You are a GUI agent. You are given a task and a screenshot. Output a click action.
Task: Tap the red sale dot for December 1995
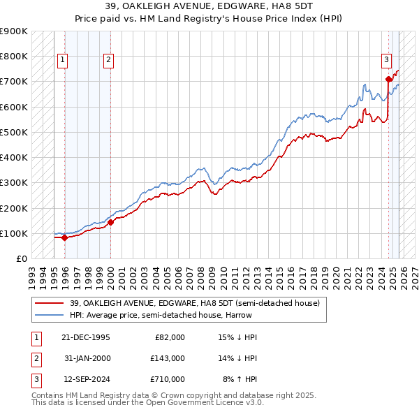[64, 237]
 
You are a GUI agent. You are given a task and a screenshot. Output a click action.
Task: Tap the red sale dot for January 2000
[110, 222]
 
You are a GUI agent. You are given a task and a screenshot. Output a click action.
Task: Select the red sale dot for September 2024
[388, 79]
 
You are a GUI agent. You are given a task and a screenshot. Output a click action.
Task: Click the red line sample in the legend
[49, 303]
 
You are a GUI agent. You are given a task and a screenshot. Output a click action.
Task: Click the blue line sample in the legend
[49, 315]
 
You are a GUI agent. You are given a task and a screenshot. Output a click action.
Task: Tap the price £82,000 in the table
[169, 337]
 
